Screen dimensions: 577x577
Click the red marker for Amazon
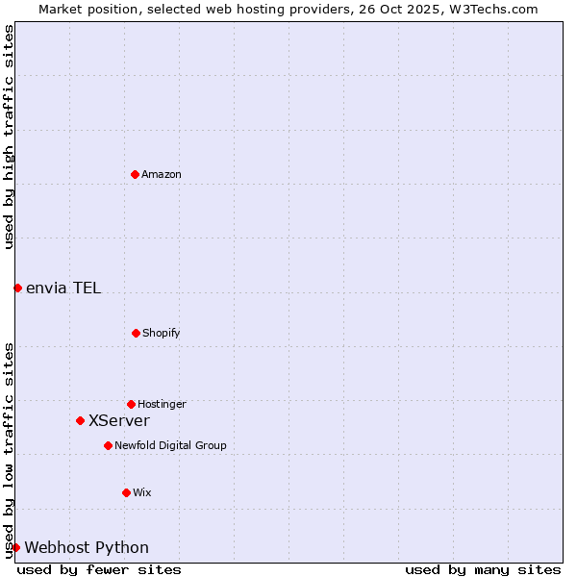click(135, 174)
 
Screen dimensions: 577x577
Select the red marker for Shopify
click(136, 333)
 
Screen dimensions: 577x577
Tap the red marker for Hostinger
click(131, 404)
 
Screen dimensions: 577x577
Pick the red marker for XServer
click(80, 420)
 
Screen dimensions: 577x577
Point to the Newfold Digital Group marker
click(108, 445)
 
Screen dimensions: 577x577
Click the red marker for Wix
click(126, 492)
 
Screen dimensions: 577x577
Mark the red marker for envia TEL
click(17, 288)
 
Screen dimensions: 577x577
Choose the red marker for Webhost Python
click(15, 547)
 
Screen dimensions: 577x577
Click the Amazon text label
click(162, 174)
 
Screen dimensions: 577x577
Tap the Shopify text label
click(162, 333)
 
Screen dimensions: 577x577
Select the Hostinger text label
click(162, 404)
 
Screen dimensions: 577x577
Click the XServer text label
click(119, 420)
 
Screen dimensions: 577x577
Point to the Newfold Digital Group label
click(170, 445)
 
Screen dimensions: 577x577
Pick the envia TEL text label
click(63, 288)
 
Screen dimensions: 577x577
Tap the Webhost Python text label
click(87, 547)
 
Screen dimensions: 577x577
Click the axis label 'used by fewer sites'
click(99, 569)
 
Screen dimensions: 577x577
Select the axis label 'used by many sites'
click(483, 569)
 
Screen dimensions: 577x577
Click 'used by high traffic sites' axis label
click(9, 137)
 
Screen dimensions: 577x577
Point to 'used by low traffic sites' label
click(9, 450)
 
